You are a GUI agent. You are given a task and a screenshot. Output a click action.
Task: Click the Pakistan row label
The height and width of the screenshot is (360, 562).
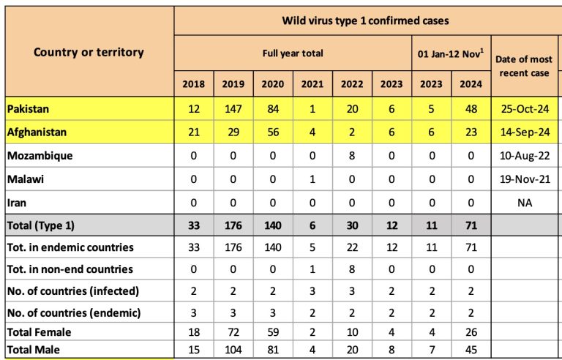coord(28,108)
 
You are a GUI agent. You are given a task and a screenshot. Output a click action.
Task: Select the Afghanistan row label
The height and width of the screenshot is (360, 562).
coord(37,132)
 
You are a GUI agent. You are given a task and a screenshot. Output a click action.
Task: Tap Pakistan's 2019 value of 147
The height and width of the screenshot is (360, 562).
coord(233,108)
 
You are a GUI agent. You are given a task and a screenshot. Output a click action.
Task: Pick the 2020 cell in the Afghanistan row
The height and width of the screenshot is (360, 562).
coord(273,132)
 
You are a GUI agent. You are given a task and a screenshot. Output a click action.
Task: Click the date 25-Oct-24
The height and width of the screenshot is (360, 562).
coord(525,108)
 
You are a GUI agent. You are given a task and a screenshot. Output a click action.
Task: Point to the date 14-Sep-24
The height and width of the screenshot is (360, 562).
coord(525,132)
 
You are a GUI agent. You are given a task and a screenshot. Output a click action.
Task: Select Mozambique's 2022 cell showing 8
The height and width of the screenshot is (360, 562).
coord(352,156)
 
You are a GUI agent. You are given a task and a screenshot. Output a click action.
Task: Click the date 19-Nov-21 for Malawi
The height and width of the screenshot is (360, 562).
coord(525,179)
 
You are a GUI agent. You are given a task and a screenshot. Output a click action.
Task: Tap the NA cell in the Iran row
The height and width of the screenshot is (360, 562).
coord(525,203)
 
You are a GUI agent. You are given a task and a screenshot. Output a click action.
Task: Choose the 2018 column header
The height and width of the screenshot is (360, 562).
coord(193,84)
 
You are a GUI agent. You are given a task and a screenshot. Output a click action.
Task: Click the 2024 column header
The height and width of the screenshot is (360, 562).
coord(471,84)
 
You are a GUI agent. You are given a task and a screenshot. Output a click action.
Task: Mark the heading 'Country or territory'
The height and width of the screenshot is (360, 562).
coord(89,52)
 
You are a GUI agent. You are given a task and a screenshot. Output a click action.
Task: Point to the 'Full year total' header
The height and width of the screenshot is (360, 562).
coord(293,53)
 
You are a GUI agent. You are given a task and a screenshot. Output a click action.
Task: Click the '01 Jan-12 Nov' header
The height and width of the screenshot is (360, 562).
coord(451,54)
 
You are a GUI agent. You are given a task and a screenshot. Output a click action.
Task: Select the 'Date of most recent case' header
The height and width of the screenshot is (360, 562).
coord(524,66)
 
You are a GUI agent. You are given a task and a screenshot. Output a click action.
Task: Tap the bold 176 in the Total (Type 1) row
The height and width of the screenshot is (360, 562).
coord(233,225)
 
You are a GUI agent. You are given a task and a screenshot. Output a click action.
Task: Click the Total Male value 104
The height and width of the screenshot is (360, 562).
coord(233,350)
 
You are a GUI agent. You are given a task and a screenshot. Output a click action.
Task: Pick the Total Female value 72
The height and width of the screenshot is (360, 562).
coord(233,332)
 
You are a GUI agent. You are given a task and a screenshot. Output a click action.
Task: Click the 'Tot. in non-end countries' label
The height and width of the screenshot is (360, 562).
coord(70,269)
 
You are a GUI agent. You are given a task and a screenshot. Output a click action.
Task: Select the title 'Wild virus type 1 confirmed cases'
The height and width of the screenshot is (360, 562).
coord(365,20)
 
